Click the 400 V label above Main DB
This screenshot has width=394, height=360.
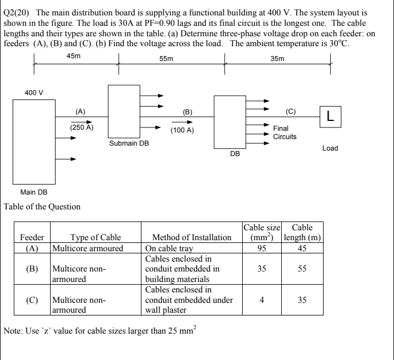point(34,92)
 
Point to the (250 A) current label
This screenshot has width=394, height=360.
point(81,127)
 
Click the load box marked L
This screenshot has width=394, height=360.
point(329,116)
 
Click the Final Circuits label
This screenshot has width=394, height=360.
point(285,132)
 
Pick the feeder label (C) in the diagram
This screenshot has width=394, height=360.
point(291,111)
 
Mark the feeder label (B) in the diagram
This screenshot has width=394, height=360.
point(188,111)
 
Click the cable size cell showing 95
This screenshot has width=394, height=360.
point(262,248)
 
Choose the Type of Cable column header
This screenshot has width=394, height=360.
point(95,237)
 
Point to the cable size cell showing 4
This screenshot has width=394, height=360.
point(262,301)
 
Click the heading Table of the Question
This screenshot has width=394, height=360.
point(43,207)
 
